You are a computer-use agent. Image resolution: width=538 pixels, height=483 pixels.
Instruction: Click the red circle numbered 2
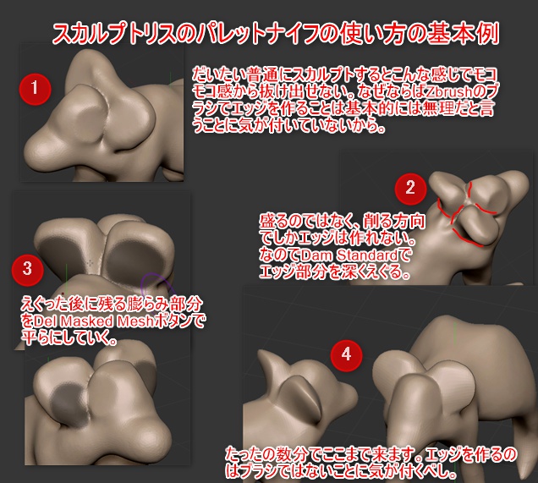tap(410, 189)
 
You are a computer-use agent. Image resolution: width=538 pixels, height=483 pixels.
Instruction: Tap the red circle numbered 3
tap(28, 270)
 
